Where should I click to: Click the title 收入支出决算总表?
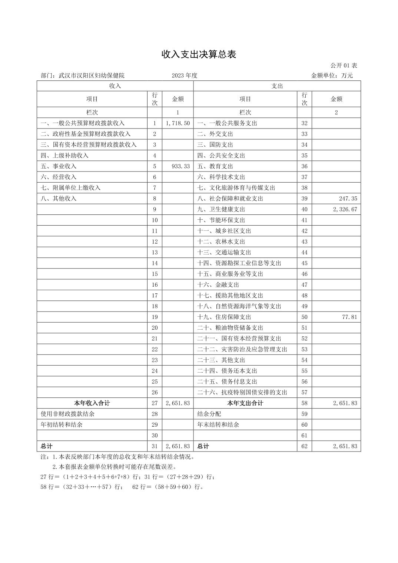pyautogui.click(x=199, y=54)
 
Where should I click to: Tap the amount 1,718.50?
pyautogui.click(x=178, y=123)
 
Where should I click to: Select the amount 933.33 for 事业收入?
pyautogui.click(x=181, y=166)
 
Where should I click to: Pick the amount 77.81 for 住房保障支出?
pyautogui.click(x=349, y=317)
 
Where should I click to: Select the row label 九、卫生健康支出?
pyautogui.click(x=221, y=209)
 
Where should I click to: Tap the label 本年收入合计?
pyautogui.click(x=92, y=403)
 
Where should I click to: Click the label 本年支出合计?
pyautogui.click(x=245, y=403)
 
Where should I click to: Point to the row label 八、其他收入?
pyautogui.click(x=59, y=199)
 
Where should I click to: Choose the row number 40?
pyautogui.click(x=304, y=209)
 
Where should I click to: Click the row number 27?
pyautogui.click(x=155, y=403)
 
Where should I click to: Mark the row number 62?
pyautogui.click(x=304, y=446)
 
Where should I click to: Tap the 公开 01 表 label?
pyautogui.click(x=344, y=66)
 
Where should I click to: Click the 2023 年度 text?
pyautogui.click(x=185, y=76)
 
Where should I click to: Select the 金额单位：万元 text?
pyautogui.click(x=332, y=76)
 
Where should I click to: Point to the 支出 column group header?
pyautogui.click(x=277, y=86)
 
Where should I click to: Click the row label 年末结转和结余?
pyautogui.click(x=218, y=425)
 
